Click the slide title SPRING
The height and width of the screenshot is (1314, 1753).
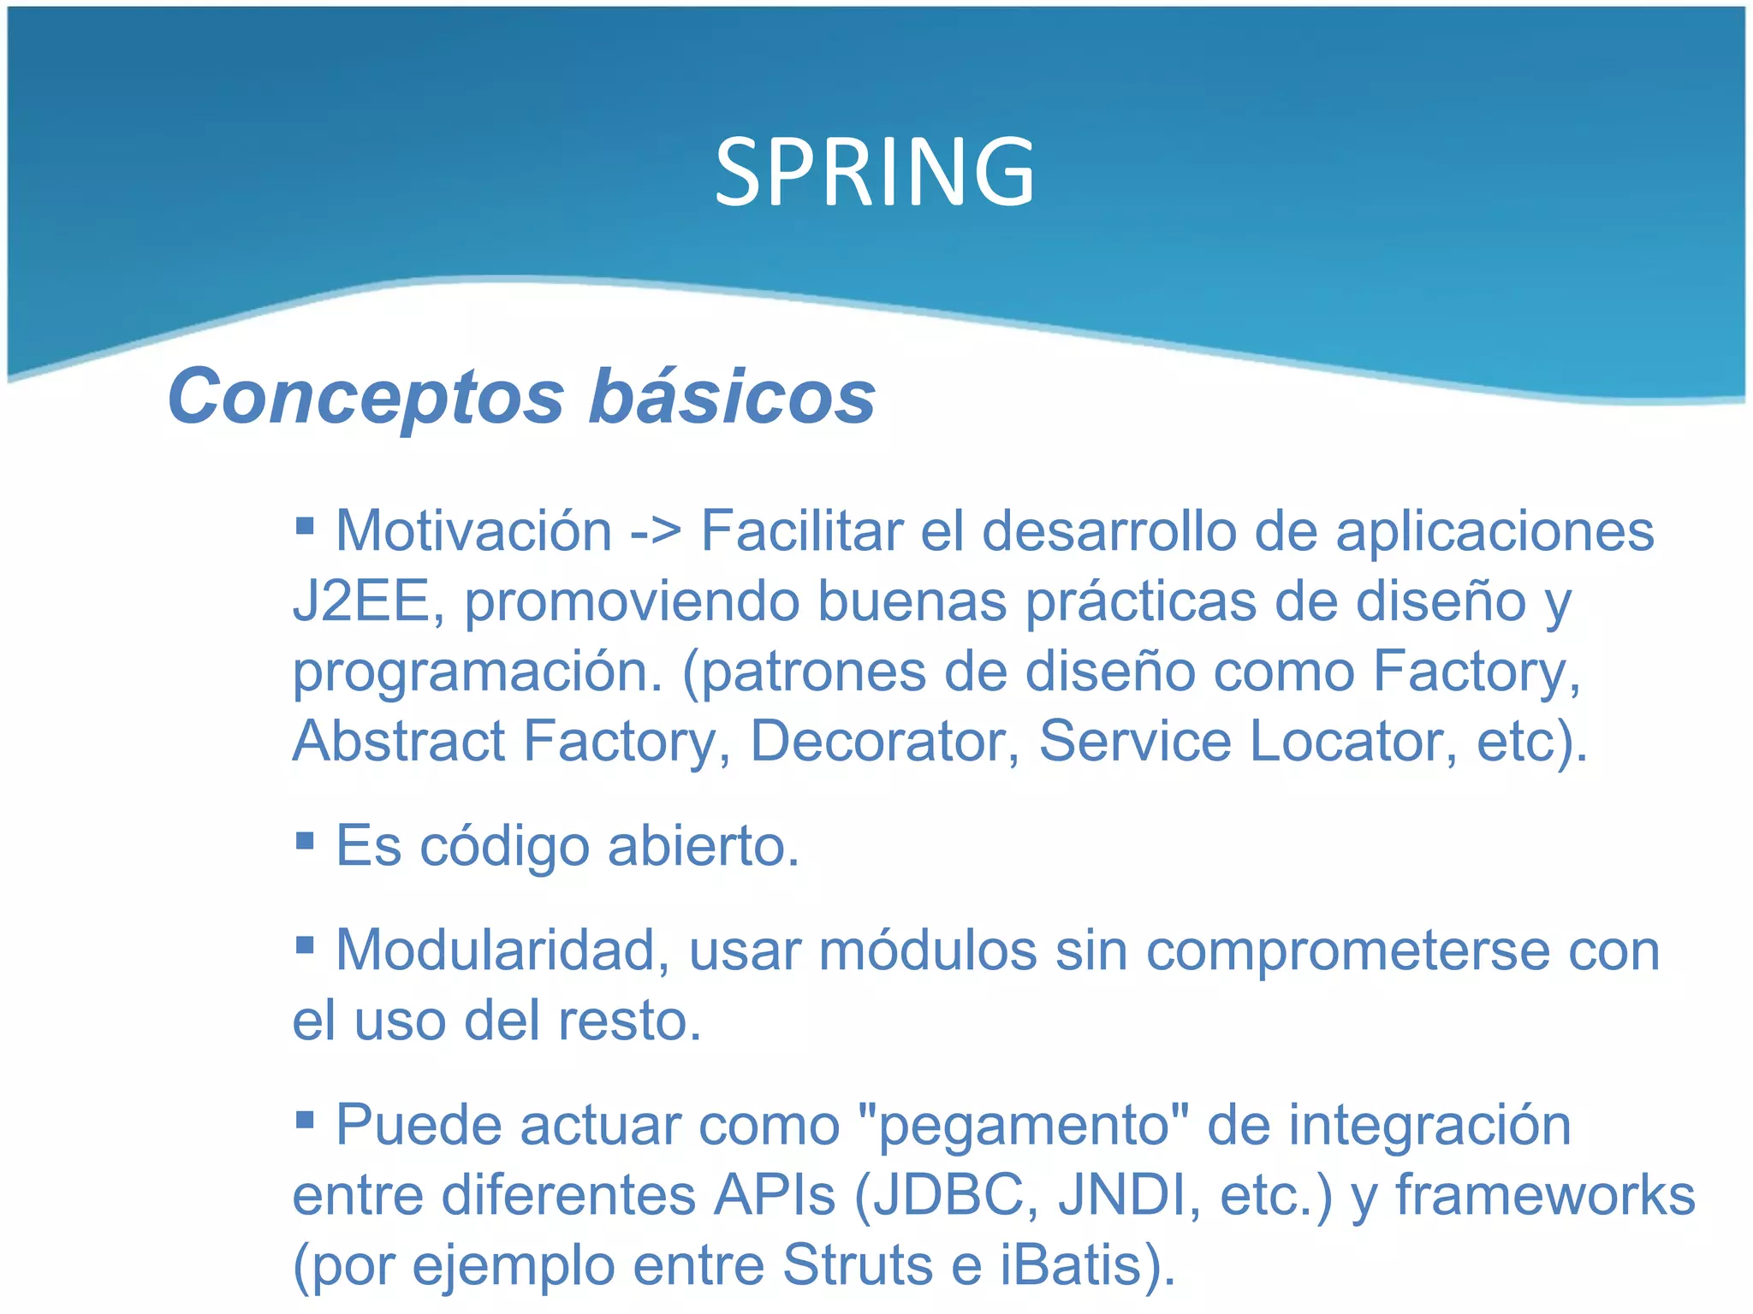[875, 173]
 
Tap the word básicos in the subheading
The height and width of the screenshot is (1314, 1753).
[732, 397]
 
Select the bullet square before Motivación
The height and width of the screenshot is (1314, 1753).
[305, 523]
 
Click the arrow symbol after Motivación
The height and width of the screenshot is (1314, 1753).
[656, 532]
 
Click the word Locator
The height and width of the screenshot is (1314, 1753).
[1353, 741]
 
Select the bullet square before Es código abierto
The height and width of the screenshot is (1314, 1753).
[305, 839]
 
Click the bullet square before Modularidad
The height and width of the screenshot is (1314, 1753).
[305, 944]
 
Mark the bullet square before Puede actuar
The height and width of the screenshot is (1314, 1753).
[305, 1119]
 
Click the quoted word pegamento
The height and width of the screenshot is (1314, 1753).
[1023, 1127]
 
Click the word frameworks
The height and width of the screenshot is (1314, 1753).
[1545, 1195]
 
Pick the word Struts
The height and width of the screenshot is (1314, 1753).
[857, 1265]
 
